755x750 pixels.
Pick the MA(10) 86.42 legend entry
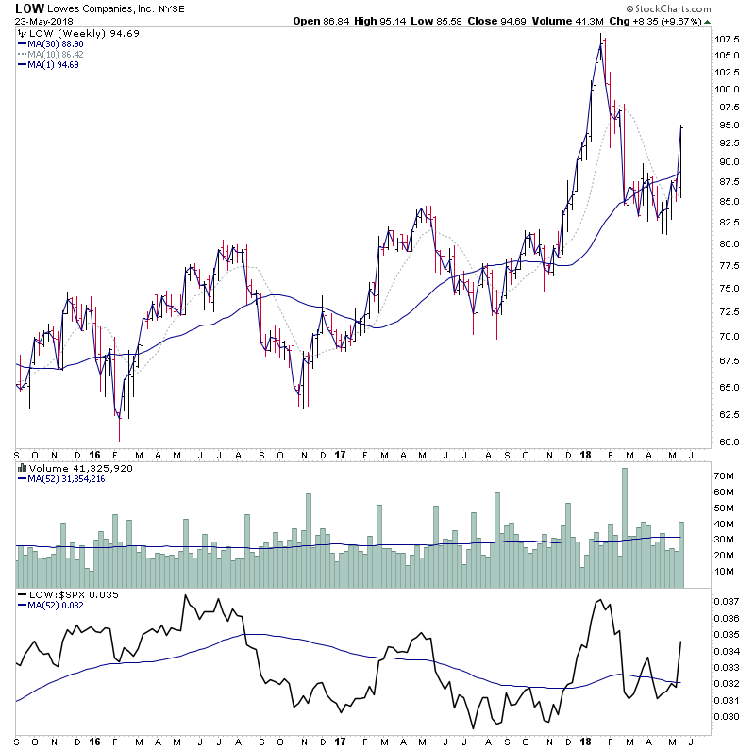(x=55, y=55)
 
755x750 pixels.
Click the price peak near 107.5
(x=601, y=38)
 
